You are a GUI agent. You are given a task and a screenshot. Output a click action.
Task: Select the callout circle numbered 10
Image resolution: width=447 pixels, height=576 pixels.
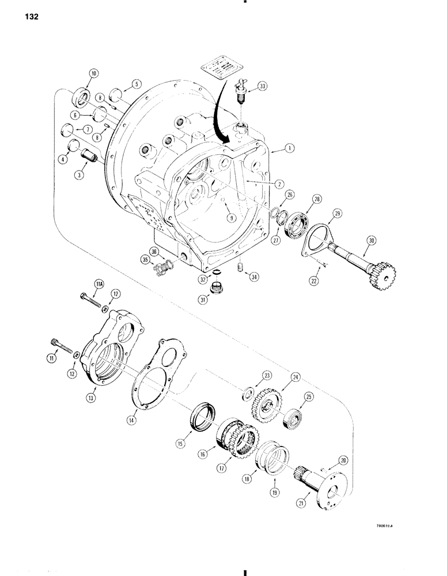(x=94, y=73)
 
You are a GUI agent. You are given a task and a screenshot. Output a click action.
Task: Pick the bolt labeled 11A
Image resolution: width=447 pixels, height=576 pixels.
(x=89, y=300)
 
